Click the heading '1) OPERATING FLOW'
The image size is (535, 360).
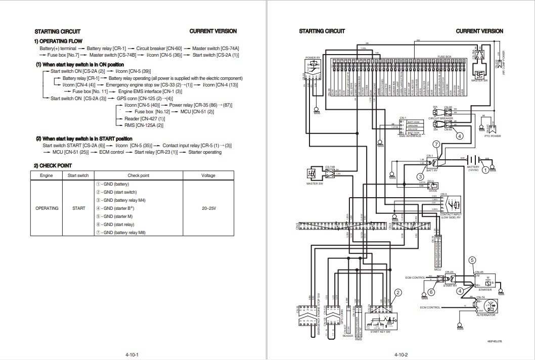tap(59, 41)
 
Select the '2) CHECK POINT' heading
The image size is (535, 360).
tap(53, 165)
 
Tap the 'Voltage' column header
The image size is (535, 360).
tap(208, 175)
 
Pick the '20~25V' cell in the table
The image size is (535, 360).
tap(208, 208)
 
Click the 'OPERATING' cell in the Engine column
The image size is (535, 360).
tap(47, 208)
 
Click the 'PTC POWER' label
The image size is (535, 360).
tap(493, 136)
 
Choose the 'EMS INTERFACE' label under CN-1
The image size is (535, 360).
tap(411, 136)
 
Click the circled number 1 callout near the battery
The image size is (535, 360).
tap(485, 170)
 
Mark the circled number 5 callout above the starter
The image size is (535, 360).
tap(472, 260)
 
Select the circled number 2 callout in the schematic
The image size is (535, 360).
tap(398, 292)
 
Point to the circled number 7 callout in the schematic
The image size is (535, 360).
tap(435, 145)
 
